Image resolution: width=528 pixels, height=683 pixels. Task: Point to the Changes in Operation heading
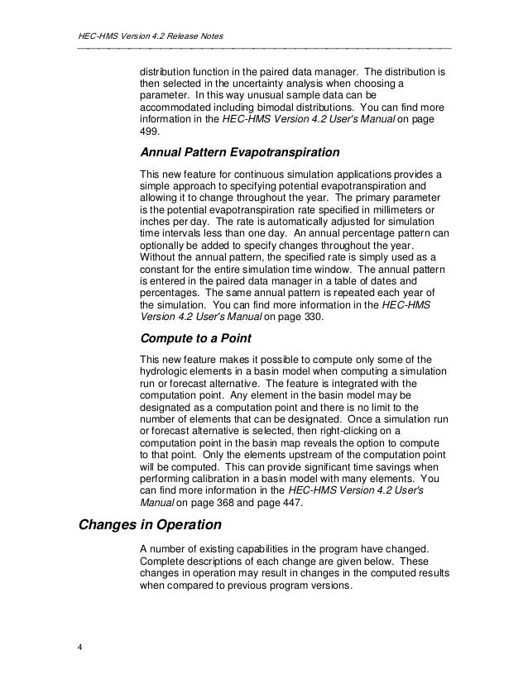(x=157, y=523)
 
